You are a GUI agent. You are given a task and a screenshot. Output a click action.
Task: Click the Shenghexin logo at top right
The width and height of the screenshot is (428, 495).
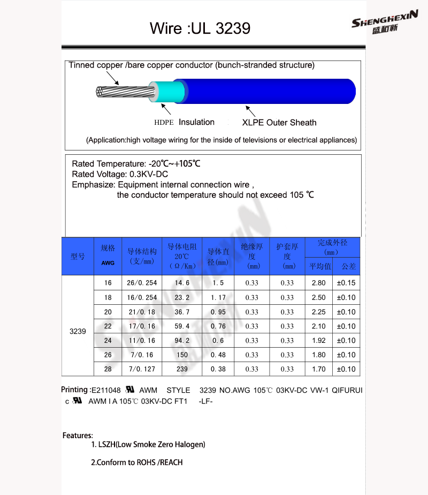384,24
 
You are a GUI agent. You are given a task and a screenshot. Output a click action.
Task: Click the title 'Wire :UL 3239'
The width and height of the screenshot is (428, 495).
200,28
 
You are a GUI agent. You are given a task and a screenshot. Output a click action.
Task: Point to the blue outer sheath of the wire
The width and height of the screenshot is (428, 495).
267,91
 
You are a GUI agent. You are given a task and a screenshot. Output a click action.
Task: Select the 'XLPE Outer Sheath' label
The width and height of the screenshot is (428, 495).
279,123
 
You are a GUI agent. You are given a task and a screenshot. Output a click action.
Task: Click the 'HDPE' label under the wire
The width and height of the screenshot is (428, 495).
164,123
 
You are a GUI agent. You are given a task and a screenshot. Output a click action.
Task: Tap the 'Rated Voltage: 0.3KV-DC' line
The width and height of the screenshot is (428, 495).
120,174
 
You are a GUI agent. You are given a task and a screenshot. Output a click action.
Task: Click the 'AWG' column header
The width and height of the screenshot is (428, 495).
108,263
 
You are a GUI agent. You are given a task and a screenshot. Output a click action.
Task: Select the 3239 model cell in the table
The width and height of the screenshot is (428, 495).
78,332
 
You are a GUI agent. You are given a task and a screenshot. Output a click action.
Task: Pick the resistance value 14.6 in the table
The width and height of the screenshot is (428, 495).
182,283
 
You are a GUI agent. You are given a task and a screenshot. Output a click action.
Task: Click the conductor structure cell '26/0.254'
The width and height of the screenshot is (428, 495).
142,283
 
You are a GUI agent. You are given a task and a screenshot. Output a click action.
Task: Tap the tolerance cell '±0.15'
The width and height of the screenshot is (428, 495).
346,283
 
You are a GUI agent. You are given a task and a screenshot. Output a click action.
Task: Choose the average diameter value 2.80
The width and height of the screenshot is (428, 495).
318,283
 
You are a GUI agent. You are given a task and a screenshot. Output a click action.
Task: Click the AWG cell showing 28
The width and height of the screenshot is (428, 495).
108,369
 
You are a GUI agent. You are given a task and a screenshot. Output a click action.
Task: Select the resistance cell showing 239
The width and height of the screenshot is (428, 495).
182,369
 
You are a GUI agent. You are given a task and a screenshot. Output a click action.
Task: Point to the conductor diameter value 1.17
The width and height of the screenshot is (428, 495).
218,297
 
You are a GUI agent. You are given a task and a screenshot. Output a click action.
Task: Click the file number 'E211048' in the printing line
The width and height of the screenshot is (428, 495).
106,391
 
